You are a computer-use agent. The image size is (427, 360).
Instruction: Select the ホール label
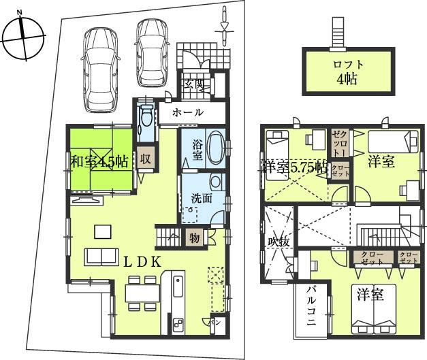pos(187,112)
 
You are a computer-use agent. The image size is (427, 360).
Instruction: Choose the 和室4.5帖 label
pos(99,161)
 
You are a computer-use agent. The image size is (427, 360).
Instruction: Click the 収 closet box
pos(146,160)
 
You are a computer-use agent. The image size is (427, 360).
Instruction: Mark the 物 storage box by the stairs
pos(194,238)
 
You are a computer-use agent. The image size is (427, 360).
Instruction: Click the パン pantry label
pos(214,321)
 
